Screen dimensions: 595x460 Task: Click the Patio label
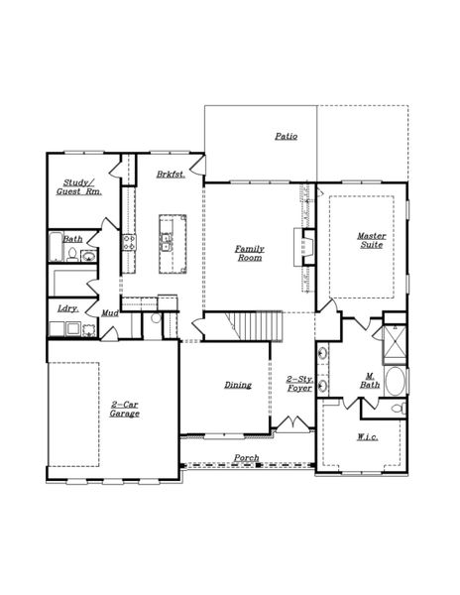pos(286,136)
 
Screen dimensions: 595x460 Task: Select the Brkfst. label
pos(171,174)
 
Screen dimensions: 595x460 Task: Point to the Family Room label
pos(249,252)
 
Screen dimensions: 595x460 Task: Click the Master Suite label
pos(372,240)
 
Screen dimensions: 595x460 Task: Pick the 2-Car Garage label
pos(125,409)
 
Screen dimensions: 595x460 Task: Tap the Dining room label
pos(237,384)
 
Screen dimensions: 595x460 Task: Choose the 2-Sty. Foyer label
pos(298,384)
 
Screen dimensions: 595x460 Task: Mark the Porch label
pos(246,457)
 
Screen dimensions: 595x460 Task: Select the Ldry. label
pos(67,308)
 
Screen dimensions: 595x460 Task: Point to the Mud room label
pos(111,314)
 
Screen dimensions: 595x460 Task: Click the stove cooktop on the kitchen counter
pos(128,242)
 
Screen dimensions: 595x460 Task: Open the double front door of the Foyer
pos(289,425)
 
